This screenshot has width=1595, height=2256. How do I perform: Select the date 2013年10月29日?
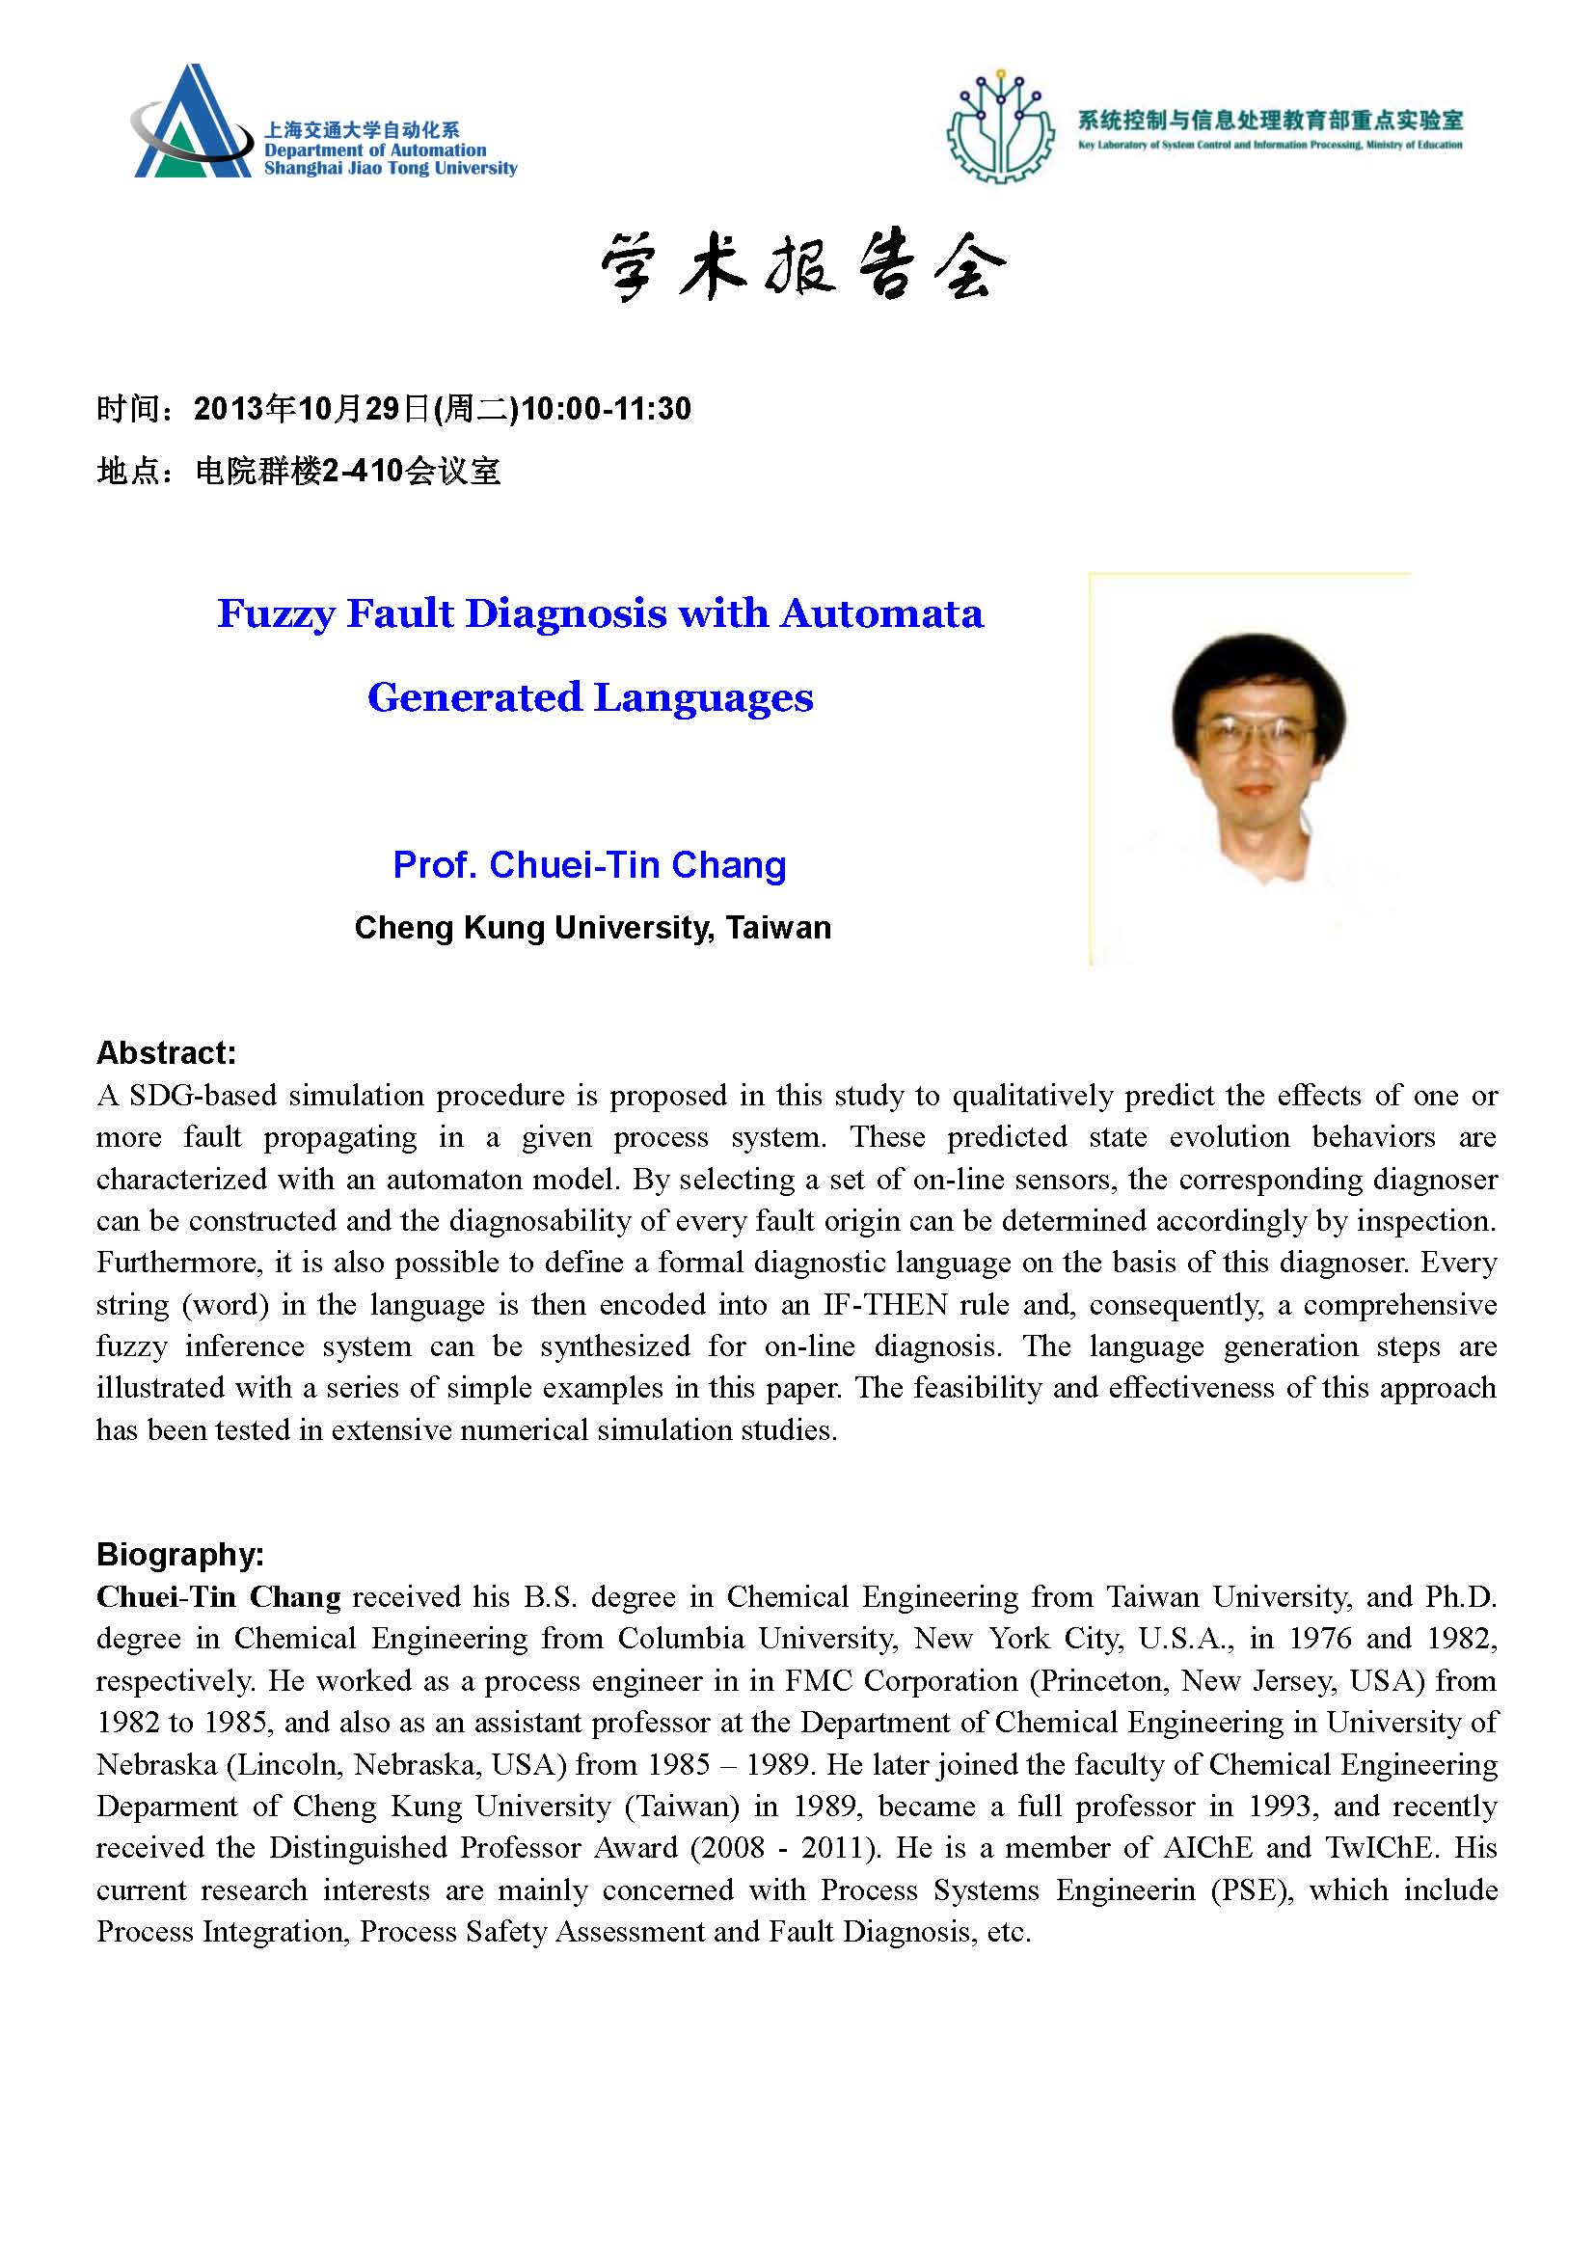(313, 409)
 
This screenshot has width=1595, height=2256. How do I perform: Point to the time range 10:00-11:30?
(605, 409)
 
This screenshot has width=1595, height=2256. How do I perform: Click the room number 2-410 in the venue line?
(364, 472)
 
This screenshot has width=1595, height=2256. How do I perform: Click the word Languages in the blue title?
(703, 697)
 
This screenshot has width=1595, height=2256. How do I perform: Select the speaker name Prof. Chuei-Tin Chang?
(589, 864)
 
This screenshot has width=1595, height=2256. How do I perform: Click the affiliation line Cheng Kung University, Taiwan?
(592, 927)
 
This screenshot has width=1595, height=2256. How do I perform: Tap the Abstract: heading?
(166, 1053)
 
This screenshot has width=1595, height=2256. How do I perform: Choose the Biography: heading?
(179, 1555)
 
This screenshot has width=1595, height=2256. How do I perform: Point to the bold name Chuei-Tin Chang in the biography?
(218, 1596)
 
